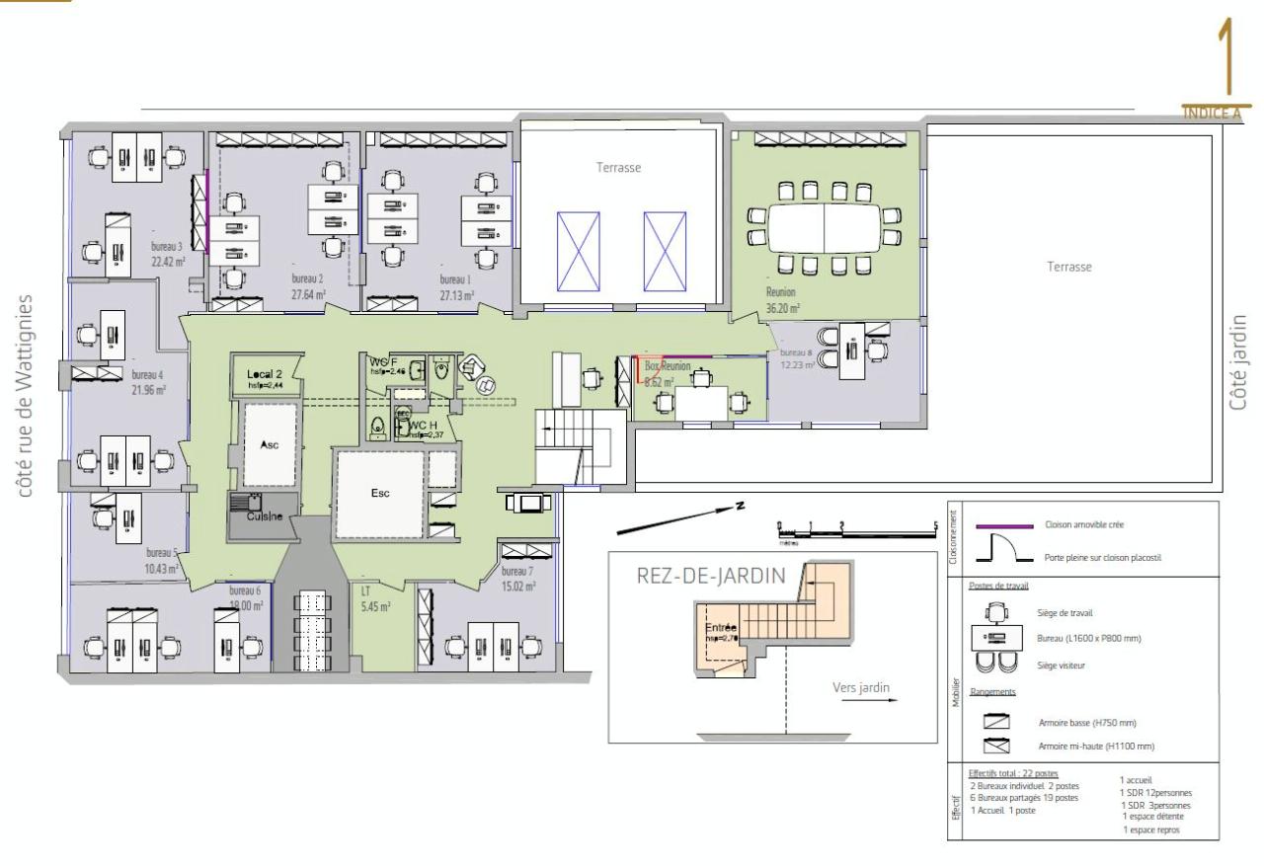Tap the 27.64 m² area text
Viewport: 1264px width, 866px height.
click(308, 294)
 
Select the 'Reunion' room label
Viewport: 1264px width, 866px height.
click(780, 292)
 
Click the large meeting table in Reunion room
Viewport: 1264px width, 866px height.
click(825, 227)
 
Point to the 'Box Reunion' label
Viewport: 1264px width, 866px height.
click(668, 365)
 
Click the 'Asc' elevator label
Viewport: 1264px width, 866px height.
click(269, 445)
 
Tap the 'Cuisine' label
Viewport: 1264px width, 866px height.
click(265, 516)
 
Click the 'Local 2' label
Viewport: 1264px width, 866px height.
click(265, 374)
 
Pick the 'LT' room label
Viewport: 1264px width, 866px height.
click(366, 591)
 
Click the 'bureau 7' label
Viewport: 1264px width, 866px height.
click(516, 572)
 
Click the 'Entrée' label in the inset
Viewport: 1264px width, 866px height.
click(721, 627)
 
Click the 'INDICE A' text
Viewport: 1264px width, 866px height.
click(1212, 113)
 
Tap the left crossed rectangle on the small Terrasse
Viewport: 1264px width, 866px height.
click(578, 251)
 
